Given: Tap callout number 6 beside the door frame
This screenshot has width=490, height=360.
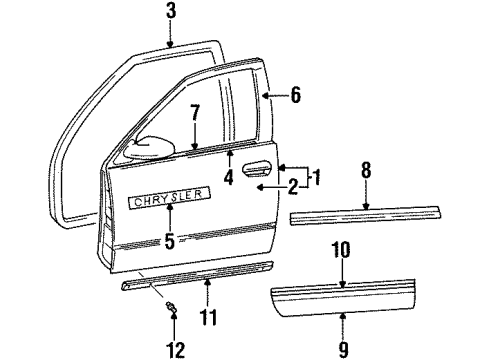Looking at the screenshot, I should (x=295, y=97).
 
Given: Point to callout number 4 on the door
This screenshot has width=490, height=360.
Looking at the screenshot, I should (x=230, y=179).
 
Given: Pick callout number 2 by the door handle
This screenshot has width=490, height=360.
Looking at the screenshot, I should (x=292, y=185).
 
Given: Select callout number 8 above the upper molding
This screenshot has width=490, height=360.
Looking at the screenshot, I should (x=367, y=171).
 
